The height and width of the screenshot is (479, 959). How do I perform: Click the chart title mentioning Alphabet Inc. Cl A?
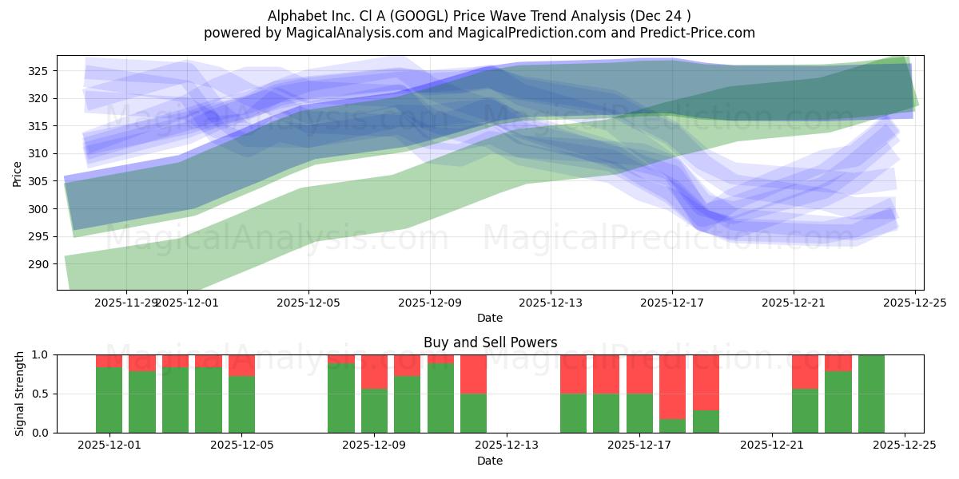479,15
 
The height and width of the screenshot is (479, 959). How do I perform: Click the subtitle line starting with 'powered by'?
479,33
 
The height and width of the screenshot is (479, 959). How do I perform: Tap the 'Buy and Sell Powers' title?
490,342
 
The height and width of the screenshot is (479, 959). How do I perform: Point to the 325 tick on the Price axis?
39,71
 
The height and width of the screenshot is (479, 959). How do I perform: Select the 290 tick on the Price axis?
39,264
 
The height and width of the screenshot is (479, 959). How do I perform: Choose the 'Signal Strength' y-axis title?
20,394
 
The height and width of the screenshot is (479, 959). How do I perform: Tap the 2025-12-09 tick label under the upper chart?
430,303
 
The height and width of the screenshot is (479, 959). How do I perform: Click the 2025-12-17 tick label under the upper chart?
672,303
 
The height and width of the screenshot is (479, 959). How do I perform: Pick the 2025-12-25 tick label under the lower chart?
905,446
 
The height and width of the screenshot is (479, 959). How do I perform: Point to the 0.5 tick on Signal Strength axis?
42,394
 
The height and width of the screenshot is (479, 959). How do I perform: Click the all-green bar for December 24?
871,394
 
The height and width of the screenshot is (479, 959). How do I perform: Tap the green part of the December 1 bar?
109,400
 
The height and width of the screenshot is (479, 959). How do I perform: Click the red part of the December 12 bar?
474,374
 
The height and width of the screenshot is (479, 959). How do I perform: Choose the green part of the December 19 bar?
706,422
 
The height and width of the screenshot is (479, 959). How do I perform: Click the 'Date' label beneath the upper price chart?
490,318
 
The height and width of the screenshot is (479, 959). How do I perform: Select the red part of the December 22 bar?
805,371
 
